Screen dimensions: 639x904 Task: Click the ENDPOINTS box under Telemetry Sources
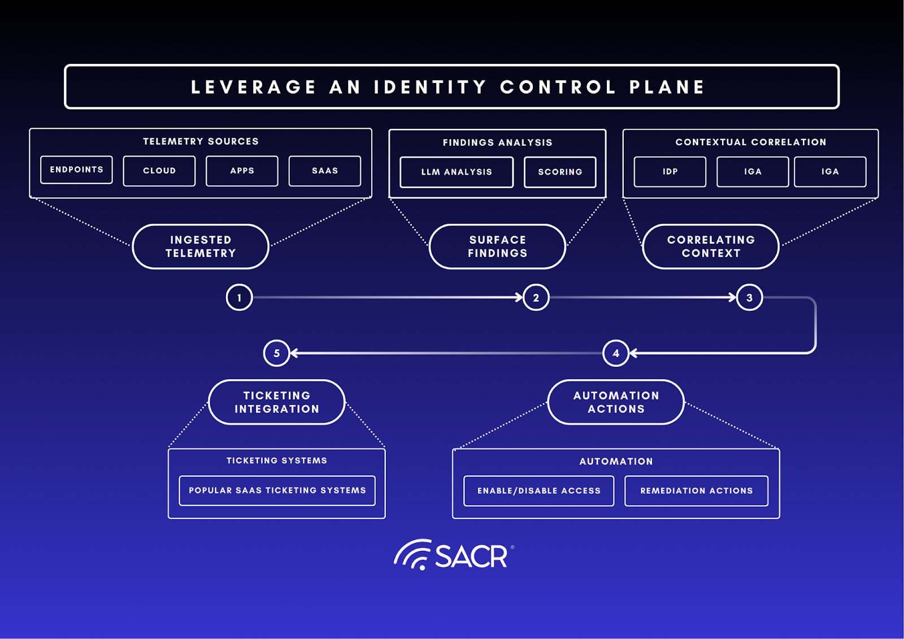[76, 170]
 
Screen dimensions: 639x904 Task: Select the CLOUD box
[159, 171]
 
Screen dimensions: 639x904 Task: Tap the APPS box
[242, 171]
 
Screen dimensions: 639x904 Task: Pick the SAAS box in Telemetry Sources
[325, 171]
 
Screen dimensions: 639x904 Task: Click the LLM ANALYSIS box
[457, 172]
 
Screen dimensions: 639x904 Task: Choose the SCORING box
[560, 172]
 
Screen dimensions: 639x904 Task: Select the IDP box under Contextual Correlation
[670, 172]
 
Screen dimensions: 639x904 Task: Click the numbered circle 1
[239, 297]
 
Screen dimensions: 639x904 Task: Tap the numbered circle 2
[536, 297]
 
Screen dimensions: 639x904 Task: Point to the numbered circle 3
[749, 297]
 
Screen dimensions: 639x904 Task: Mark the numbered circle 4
[616, 353]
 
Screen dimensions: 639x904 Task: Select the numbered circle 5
[277, 353]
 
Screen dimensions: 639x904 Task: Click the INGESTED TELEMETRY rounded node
[201, 246]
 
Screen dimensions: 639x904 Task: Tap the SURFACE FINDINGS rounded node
[497, 246]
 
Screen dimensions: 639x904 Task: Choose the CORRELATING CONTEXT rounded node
[711, 246]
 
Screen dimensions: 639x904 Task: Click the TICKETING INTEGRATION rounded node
[277, 402]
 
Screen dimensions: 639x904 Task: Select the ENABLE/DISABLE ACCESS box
[539, 490]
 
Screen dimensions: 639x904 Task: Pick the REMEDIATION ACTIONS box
[696, 490]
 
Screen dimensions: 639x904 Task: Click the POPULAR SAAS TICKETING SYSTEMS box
[277, 490]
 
